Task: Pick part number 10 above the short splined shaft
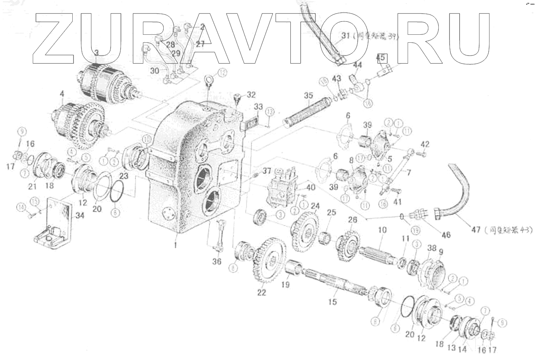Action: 382,230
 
